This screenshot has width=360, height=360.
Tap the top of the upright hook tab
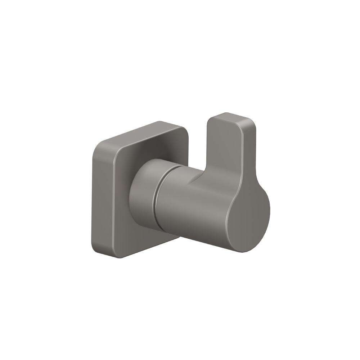point(230,117)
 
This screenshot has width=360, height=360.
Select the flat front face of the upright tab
point(225,151)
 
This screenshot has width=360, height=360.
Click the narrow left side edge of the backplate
point(94,198)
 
